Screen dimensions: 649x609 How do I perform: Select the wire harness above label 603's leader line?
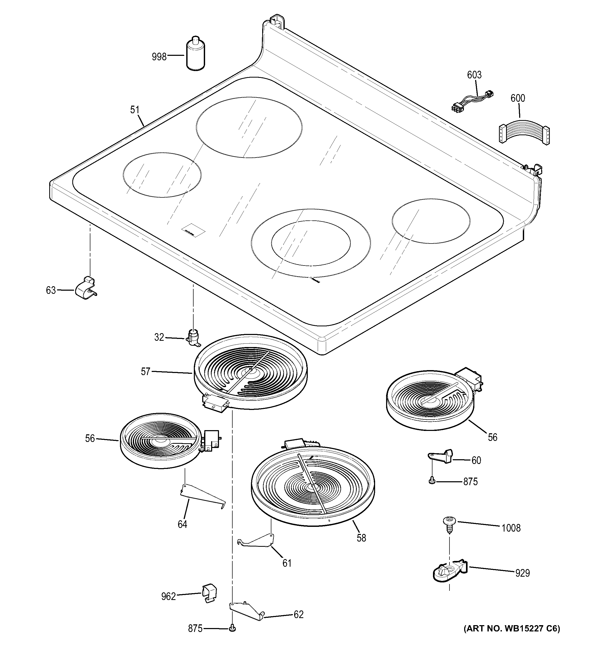pyautogui.click(x=472, y=100)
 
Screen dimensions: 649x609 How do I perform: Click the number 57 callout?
pyautogui.click(x=145, y=371)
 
